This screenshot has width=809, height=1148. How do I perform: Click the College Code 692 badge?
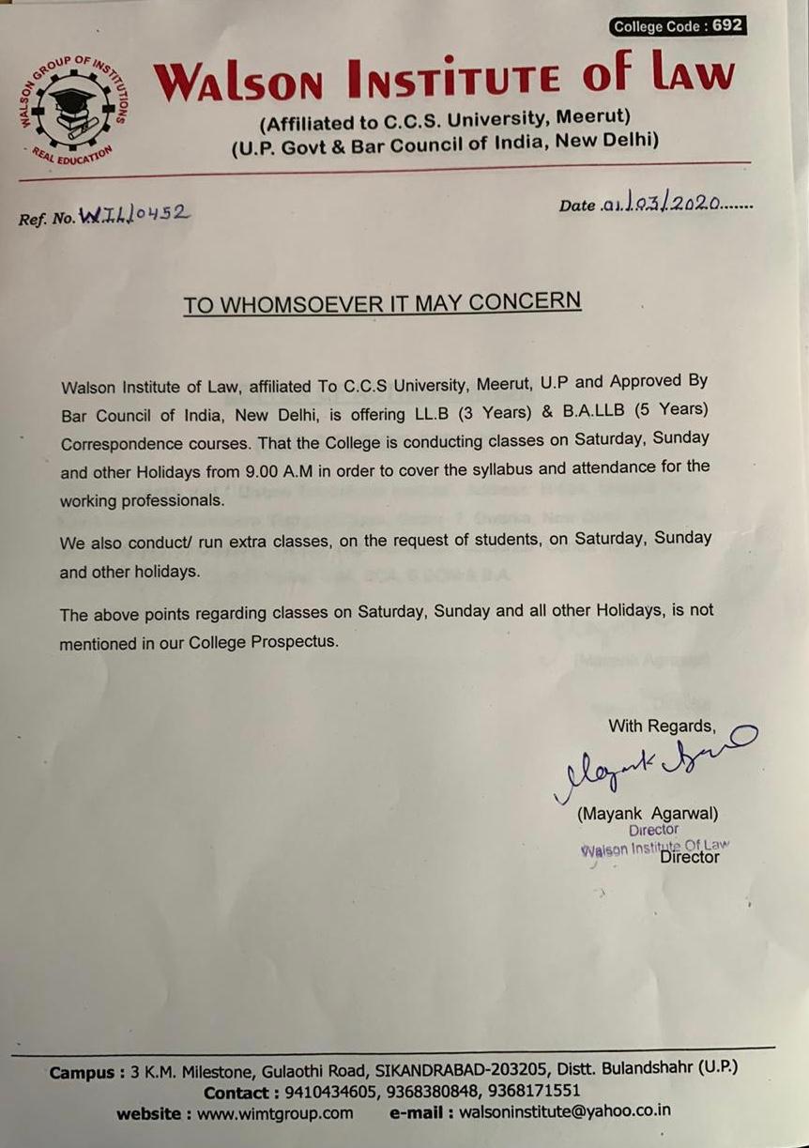click(x=678, y=26)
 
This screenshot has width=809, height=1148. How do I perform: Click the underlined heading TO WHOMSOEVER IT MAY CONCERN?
click(x=382, y=303)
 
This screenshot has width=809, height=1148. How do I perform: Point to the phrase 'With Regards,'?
click(x=661, y=726)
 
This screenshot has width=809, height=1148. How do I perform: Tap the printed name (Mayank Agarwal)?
click(x=648, y=814)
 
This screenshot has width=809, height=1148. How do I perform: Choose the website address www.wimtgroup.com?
click(x=275, y=1113)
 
